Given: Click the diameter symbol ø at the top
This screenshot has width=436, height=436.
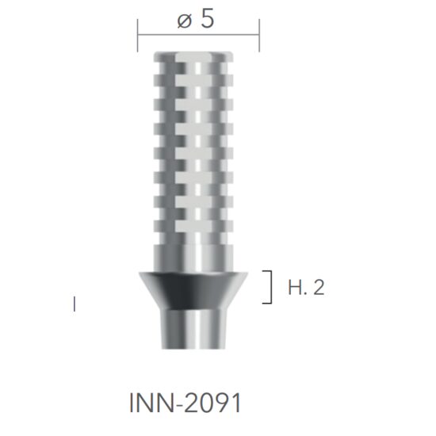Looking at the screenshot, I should tap(184, 21).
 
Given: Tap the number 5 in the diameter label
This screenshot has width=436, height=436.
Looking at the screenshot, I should tap(207, 20).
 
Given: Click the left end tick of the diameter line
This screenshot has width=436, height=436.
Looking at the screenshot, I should tap(138, 36).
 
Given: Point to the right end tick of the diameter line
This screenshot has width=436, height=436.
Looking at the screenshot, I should tap(259, 36).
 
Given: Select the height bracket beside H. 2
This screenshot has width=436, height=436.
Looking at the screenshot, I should tap(270, 286).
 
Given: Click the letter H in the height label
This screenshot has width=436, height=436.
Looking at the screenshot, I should tap(293, 287).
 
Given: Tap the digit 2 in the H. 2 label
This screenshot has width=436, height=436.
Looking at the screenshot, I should tap(319, 287).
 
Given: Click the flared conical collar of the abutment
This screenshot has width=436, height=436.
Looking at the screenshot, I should tap(198, 290).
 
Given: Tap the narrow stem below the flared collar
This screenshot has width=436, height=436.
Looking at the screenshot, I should tap(198, 329).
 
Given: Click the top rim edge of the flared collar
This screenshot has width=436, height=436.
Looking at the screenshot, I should tap(198, 273).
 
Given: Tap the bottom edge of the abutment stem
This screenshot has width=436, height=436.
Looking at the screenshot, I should tap(198, 348).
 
